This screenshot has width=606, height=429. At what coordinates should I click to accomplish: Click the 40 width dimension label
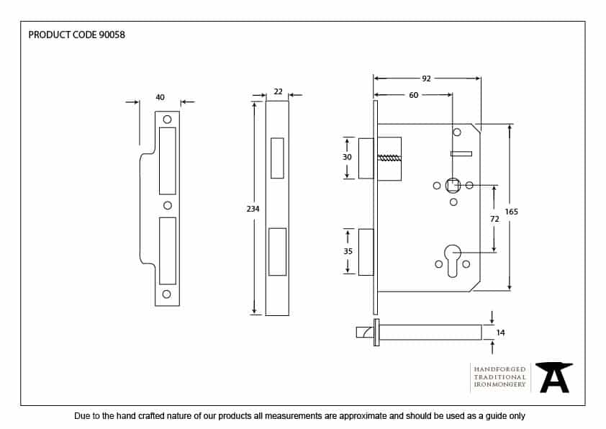coord(160,97)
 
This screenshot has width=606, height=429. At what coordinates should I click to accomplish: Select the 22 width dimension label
coord(278,91)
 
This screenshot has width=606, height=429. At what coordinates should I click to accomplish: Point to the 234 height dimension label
coord(252,208)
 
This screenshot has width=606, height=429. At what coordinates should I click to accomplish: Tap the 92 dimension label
coord(426,78)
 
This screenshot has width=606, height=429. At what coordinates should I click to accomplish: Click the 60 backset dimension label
coord(413,95)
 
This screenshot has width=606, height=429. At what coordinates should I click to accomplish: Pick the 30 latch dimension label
coord(347,157)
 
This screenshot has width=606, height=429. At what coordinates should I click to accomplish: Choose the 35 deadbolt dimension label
coord(347,251)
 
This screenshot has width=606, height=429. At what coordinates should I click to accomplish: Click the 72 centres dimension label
coord(494,217)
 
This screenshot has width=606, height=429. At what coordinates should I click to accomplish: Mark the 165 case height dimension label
coord(511,212)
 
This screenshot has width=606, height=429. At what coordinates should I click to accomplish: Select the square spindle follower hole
coord(453,185)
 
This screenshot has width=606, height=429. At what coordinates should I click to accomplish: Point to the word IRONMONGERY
coord(499,385)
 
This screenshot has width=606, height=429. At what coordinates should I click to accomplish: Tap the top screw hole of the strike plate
coord(167,119)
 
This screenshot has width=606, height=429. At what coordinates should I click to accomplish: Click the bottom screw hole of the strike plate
coord(167,294)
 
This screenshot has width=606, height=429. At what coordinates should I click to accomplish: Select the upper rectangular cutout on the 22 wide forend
coord(277,157)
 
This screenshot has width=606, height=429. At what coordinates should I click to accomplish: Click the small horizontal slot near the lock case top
coord(461,153)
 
